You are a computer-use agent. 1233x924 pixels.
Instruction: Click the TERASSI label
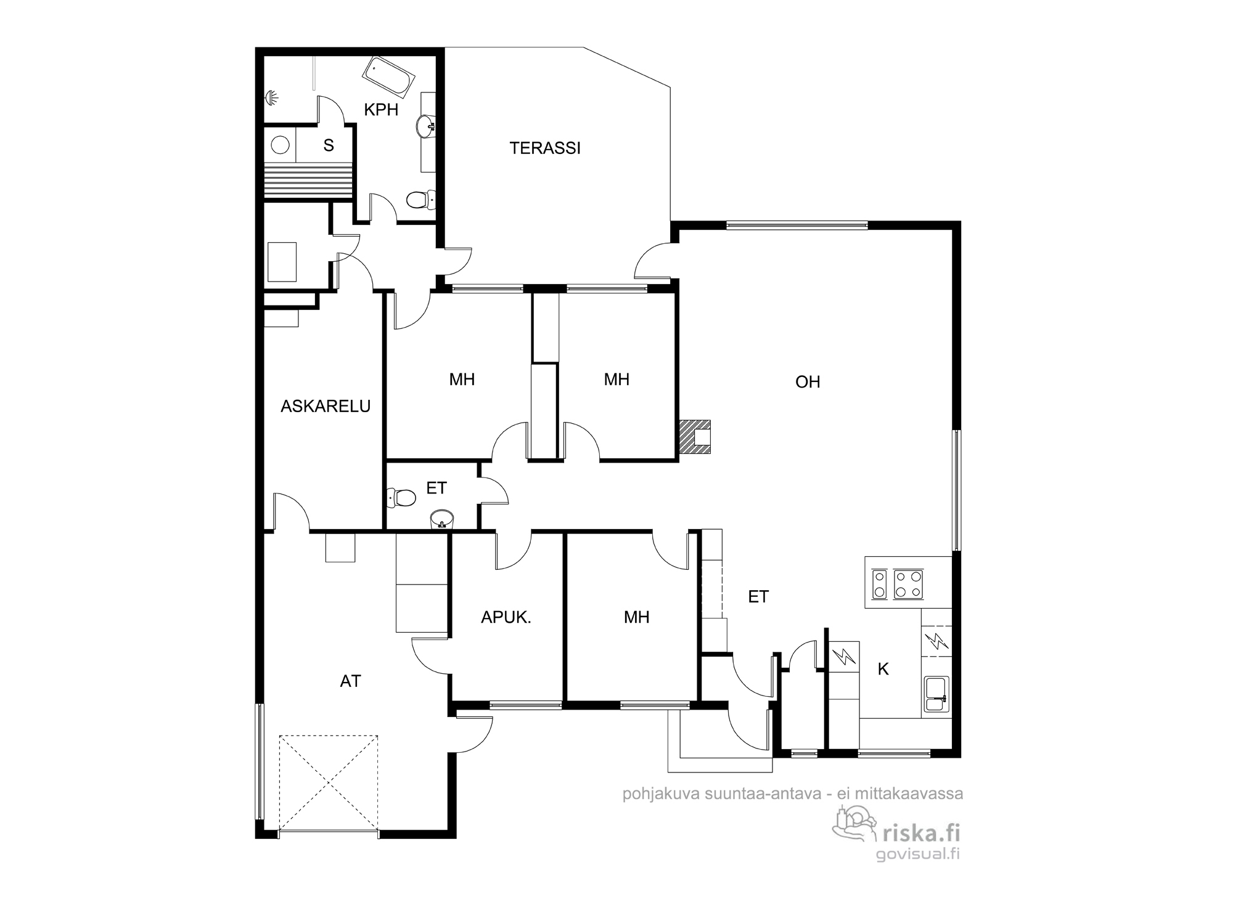(x=545, y=148)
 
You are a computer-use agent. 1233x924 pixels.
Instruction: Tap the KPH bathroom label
(x=381, y=110)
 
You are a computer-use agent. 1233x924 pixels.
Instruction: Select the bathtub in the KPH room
(x=388, y=77)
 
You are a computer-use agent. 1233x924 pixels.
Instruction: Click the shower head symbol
(x=272, y=97)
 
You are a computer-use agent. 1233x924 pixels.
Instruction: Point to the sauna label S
(x=329, y=145)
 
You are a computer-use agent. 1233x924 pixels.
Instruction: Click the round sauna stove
(x=281, y=145)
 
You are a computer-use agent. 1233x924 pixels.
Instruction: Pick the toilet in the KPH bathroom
(x=421, y=200)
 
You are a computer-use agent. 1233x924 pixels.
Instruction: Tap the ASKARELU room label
(x=326, y=407)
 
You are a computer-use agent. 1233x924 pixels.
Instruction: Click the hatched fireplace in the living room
(x=695, y=437)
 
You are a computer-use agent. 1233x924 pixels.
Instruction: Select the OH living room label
(x=808, y=383)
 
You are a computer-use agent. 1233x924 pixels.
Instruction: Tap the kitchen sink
(x=936, y=694)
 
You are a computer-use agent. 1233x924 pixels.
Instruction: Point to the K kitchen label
(x=883, y=670)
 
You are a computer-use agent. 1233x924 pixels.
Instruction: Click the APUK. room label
(x=506, y=618)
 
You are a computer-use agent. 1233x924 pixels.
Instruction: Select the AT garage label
(x=350, y=681)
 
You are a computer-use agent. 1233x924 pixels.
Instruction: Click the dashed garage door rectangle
(x=328, y=782)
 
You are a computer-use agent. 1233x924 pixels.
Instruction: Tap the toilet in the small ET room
(x=401, y=497)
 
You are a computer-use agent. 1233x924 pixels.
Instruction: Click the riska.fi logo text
(x=922, y=833)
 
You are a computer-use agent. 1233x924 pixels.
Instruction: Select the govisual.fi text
(x=918, y=854)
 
